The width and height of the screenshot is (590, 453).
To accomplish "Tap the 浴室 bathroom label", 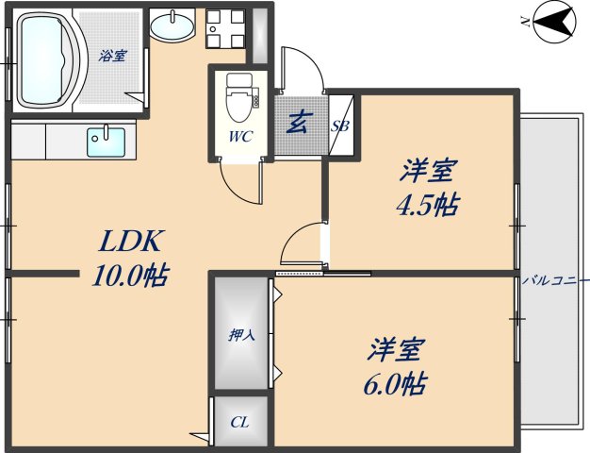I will (111, 56).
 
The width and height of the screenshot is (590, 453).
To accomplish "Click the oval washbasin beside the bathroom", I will (171, 27).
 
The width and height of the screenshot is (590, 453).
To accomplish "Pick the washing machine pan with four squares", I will (224, 28).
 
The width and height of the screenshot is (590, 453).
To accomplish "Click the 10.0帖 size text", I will (130, 277).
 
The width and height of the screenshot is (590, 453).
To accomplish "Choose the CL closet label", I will (239, 423).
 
